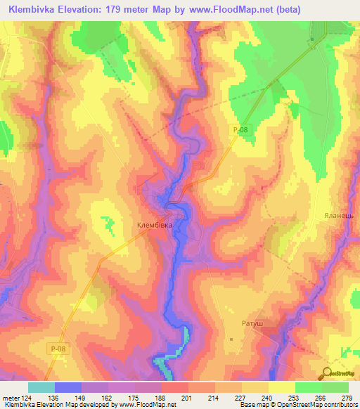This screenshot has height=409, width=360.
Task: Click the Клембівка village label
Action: click(154, 226)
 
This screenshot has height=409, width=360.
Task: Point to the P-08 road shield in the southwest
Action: click(60, 349)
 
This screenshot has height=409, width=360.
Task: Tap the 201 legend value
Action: click(188, 397)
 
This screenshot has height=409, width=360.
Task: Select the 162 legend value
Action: click(108, 397)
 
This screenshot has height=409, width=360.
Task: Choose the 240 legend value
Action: click(268, 397)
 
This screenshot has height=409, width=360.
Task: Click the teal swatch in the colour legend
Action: click(41, 387)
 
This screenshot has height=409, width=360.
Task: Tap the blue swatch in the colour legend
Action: click(67, 387)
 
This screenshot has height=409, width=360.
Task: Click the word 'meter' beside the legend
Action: click(10, 397)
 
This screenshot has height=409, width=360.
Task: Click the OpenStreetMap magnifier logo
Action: click(328, 373)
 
